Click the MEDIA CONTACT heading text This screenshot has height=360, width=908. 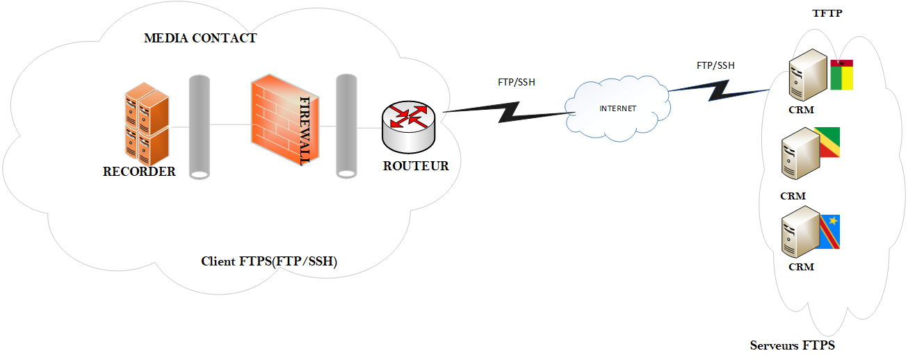(x=200, y=38)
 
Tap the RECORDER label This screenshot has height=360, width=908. (x=139, y=172)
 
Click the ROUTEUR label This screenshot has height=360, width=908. (x=416, y=166)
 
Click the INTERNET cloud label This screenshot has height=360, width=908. (x=617, y=108)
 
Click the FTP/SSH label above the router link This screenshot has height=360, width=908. (x=517, y=82)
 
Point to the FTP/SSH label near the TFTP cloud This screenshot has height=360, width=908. (x=715, y=66)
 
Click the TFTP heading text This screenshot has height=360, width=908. (x=827, y=14)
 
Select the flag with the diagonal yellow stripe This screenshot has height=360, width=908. (x=827, y=142)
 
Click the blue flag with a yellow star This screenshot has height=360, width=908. (x=828, y=231)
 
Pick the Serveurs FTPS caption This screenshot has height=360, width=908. (x=793, y=345)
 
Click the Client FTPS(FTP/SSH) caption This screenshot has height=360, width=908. (x=269, y=261)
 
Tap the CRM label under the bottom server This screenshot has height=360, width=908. (x=801, y=267)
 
